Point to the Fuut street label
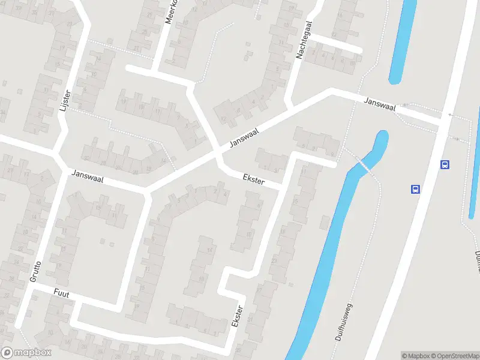(61, 294)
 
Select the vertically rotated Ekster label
(238, 316)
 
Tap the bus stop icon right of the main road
(445, 164)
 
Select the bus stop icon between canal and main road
(415, 189)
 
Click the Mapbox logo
(26, 353)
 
